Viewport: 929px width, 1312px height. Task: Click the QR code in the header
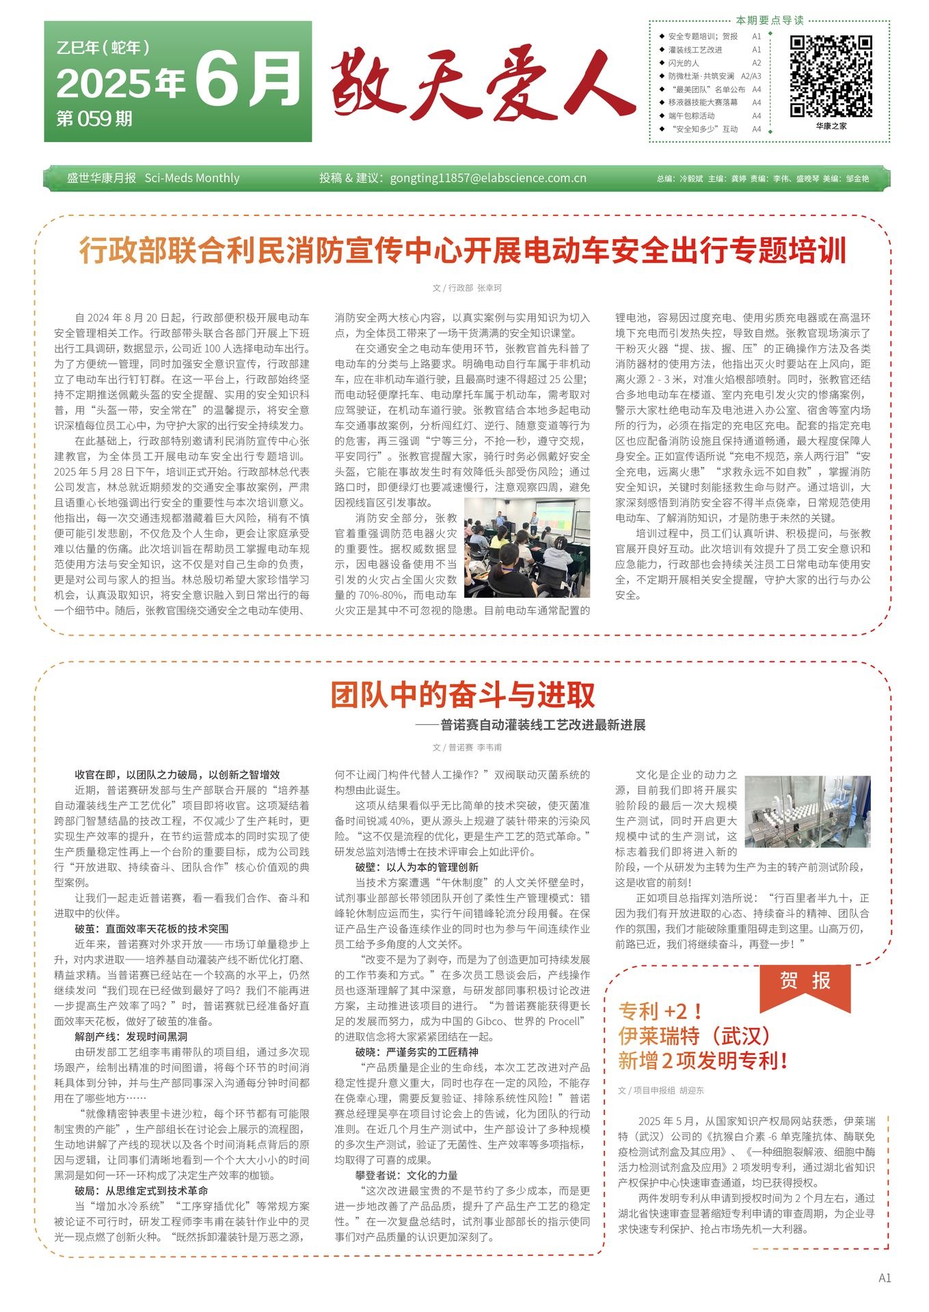click(831, 77)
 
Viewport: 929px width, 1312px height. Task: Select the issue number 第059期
click(94, 119)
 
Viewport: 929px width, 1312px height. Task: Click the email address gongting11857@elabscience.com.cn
click(488, 178)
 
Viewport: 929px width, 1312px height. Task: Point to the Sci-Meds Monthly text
click(192, 178)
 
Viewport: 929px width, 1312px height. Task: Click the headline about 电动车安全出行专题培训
click(463, 251)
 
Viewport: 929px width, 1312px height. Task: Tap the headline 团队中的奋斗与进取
click(463, 695)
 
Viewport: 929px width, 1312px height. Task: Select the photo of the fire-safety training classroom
click(526, 547)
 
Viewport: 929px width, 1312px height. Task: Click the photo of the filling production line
click(807, 811)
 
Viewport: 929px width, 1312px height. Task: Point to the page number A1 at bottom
click(885, 1278)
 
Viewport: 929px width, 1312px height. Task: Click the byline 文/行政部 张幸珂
click(467, 288)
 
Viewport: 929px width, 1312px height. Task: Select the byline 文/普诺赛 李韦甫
click(467, 748)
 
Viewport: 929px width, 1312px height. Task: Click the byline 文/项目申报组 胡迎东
click(660, 1091)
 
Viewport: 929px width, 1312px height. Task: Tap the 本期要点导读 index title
click(769, 20)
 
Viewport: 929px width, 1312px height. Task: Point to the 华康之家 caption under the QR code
click(831, 126)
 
